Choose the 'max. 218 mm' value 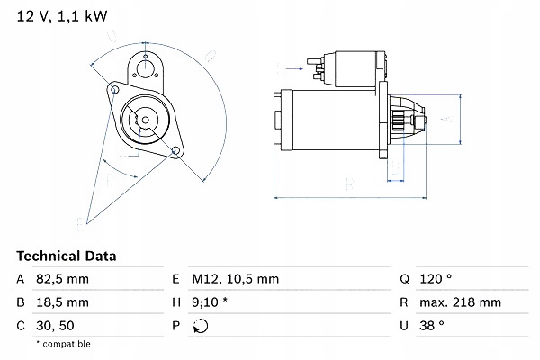tap(463, 303)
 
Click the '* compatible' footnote tap(63, 344)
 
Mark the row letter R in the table tap(406, 303)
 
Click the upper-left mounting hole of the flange tap(114, 89)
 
